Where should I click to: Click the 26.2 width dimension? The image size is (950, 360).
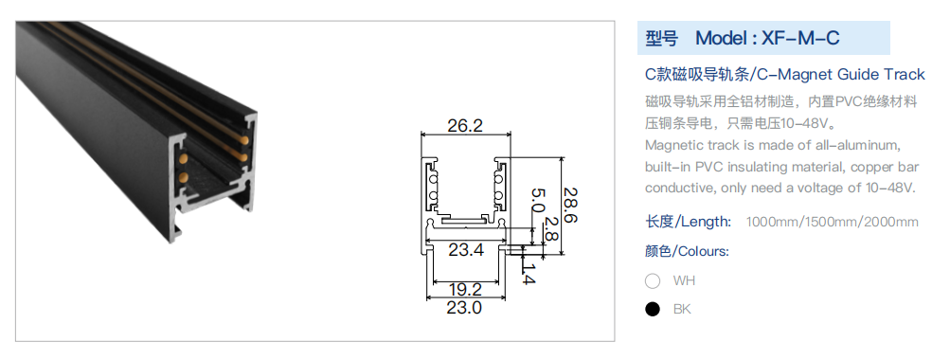click(465, 125)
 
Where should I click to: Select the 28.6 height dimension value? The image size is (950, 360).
click(570, 205)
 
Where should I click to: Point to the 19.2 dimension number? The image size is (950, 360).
click(465, 289)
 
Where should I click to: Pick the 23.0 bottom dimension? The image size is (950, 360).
click(464, 307)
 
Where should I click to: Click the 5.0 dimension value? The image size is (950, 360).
click(538, 199)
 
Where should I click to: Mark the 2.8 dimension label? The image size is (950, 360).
click(550, 229)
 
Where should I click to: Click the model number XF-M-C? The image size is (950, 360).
click(800, 38)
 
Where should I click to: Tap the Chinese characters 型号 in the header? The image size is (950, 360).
click(662, 38)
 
